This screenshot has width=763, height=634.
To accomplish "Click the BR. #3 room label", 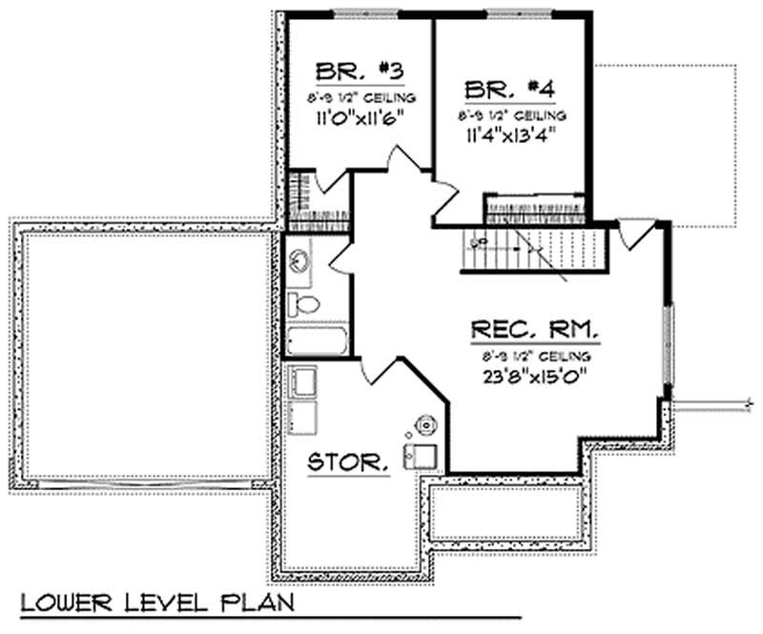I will pyautogui.click(x=348, y=72).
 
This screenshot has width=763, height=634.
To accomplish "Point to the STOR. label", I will pyautogui.click(x=348, y=463).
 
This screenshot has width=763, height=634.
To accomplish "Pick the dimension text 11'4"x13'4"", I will pyautogui.click(x=511, y=133).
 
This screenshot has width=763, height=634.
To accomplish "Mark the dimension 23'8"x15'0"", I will pyautogui.click(x=535, y=375).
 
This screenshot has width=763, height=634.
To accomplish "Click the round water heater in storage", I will pyautogui.click(x=423, y=424).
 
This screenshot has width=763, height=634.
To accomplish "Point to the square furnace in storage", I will pyautogui.click(x=421, y=456).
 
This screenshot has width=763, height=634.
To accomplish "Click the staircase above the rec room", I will pyautogui.click(x=534, y=246).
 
